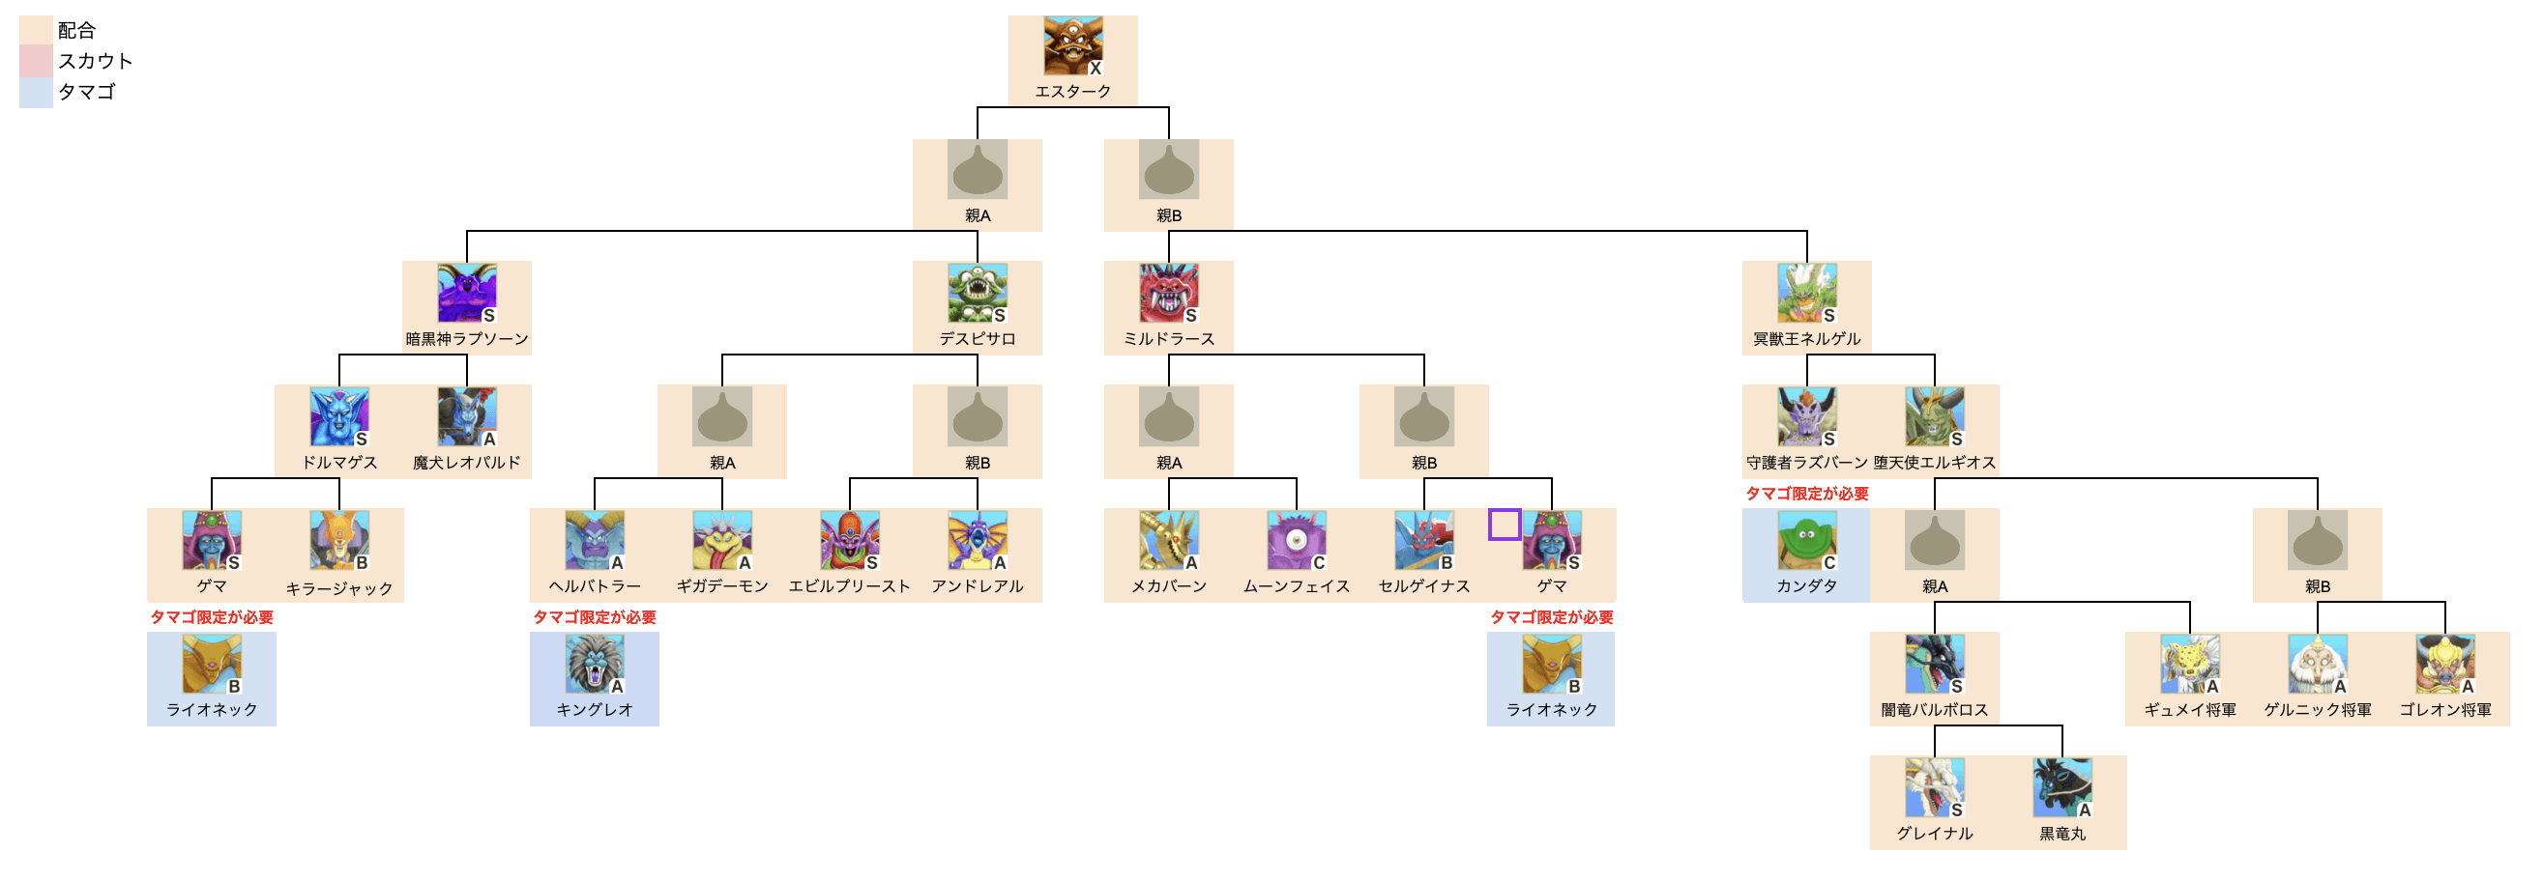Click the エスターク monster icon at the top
1072,45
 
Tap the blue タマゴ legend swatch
36,92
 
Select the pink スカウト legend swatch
36,61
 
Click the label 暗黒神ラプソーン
466,338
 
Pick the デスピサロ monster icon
977,293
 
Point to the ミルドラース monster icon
1168,293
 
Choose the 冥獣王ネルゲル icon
1806,293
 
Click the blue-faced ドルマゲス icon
338,416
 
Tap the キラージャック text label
338,588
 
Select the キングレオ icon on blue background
594,664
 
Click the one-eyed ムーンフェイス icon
1296,540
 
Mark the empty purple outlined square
1504,524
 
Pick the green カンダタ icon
1806,540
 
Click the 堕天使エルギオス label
1934,462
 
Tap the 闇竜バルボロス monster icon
1934,664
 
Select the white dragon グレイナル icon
1934,787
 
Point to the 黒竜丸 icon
2061,787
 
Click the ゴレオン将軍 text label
2444,709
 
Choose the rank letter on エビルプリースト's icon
872,562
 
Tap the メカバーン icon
1168,540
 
